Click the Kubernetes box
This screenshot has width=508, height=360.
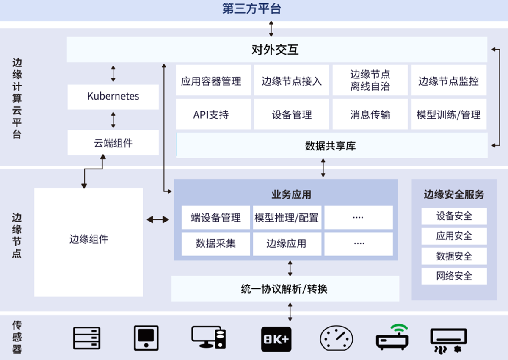tap(113, 97)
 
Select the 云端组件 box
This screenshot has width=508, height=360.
tap(113, 143)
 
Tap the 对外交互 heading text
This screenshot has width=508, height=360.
tap(275, 50)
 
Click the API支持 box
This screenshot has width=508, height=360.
tap(213, 114)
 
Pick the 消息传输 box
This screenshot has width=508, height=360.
tap(370, 114)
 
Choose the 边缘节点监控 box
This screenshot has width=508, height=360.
tap(449, 80)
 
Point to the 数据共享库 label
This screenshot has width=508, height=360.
tap(330, 146)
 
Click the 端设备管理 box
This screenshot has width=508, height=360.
tap(215, 217)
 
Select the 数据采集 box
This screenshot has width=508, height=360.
tap(215, 244)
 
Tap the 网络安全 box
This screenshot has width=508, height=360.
tap(454, 276)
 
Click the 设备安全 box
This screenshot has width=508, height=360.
tap(454, 216)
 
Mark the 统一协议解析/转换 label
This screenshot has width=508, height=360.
tap(284, 289)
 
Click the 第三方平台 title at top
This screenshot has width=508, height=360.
tap(252, 8)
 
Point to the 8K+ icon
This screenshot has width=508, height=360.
tap(276, 339)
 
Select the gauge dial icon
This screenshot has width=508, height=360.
tap(337, 338)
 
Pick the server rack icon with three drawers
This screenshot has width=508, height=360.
tap(87, 338)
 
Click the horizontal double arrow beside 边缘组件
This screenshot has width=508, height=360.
tap(158, 219)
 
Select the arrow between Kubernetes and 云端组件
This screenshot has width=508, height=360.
tap(113, 120)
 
